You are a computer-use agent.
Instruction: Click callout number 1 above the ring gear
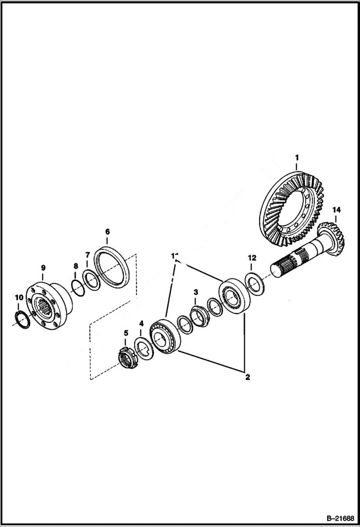297,158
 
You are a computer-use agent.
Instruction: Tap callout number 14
336,210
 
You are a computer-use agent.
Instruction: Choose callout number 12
252,258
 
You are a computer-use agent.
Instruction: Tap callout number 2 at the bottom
248,377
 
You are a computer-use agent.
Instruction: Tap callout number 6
107,231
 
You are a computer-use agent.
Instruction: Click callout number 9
43,267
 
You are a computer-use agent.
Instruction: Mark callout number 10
18,298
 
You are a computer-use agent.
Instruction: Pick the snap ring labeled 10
22,319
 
